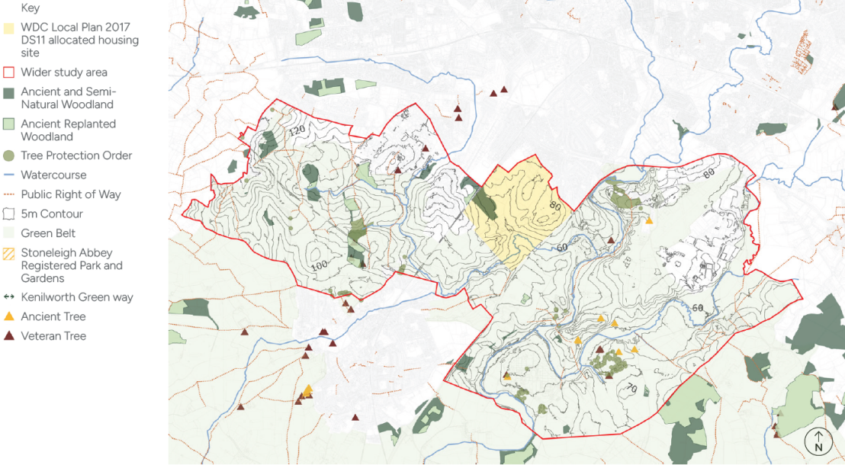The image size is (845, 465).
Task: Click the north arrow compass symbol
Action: pos(818,441)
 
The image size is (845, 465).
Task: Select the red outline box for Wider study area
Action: pos(9,72)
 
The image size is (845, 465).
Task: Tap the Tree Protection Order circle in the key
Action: pos(9,156)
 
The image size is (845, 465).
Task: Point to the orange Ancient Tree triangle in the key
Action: pos(9,316)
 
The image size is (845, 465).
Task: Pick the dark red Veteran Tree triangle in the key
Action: pos(9,336)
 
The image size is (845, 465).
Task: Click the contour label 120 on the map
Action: pos(297,131)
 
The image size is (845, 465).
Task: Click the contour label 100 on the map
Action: pos(320,265)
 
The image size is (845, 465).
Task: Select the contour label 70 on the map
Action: pos(631,389)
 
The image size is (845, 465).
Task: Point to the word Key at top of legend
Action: pos(31,8)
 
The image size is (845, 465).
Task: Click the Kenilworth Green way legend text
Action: pos(77,297)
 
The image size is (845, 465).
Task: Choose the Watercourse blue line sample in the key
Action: pos(9,175)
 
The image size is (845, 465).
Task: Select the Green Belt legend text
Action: pos(48,233)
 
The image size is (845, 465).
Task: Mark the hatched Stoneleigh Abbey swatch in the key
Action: pos(9,253)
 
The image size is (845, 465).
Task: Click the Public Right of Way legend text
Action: pos(71,194)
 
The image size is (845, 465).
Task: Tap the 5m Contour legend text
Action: pos(52,214)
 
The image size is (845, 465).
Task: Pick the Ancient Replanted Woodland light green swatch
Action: pos(9,123)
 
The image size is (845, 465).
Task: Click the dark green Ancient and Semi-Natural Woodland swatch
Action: pos(9,92)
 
